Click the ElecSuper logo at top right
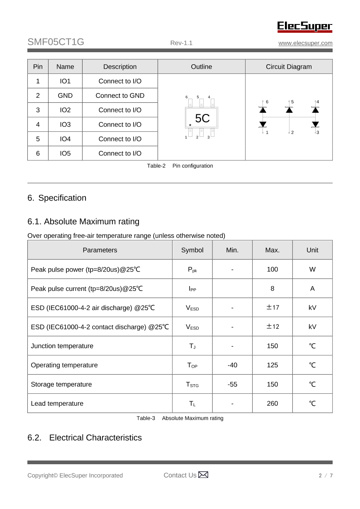tap(305, 27)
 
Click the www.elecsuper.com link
tap(305, 43)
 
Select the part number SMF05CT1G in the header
tap(56, 42)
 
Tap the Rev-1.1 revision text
tap(181, 43)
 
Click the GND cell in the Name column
tap(65, 95)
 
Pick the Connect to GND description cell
tap(120, 95)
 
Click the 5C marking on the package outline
tap(202, 119)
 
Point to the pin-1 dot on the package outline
tap(190, 125)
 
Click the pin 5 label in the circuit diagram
tap(292, 102)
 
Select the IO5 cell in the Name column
tap(65, 153)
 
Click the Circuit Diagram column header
tap(289, 67)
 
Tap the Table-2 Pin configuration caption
tap(180, 166)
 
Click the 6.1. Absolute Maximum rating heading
tap(83, 221)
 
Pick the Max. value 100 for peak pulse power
tap(272, 269)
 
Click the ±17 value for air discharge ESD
tap(272, 308)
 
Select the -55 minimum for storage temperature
tap(232, 384)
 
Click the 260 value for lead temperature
tap(272, 403)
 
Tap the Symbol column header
tap(192, 250)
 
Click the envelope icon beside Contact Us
tap(203, 475)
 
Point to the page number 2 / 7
tap(326, 475)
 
